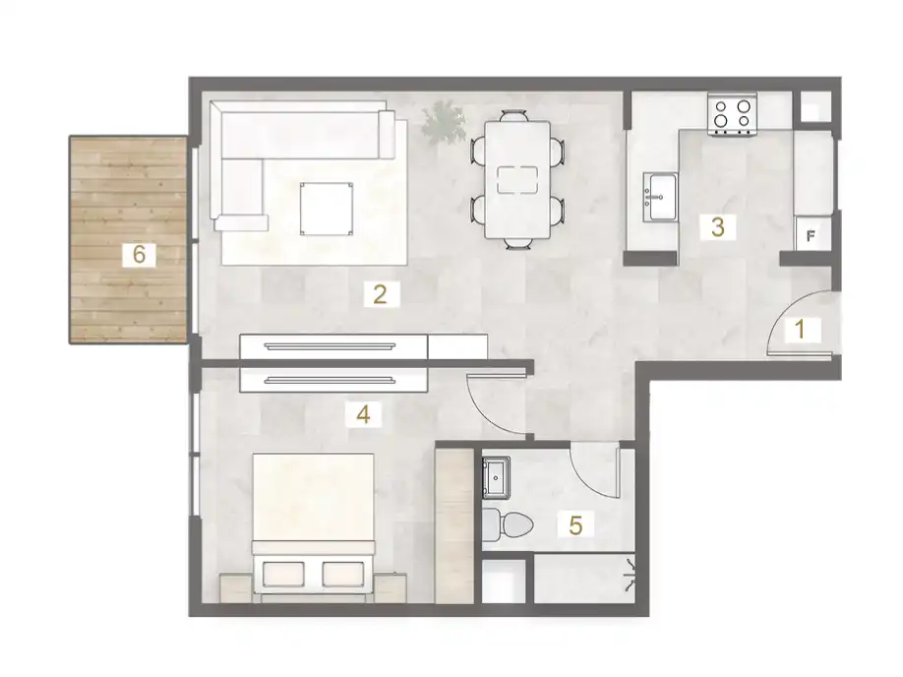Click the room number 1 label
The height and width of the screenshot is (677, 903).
tap(800, 330)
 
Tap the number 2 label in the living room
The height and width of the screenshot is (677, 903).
tap(378, 292)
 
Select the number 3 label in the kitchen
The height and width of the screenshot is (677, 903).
tap(718, 227)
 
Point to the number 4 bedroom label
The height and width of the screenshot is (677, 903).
tap(363, 415)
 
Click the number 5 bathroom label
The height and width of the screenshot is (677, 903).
tap(576, 524)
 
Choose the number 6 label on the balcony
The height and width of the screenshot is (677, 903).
tap(139, 254)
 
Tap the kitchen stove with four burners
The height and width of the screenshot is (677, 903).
tap(734, 114)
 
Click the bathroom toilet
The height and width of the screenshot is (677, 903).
tap(508, 524)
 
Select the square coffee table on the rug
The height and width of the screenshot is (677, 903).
tap(329, 207)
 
